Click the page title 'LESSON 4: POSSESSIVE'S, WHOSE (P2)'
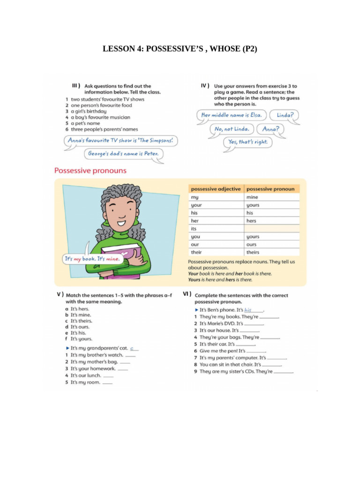pyautogui.click(x=180, y=49)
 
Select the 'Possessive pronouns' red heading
pyautogui.click(x=90, y=171)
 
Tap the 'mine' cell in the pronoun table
pyautogui.click(x=252, y=197)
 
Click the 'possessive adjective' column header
pyautogui.click(x=216, y=189)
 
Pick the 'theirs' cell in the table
pyautogui.click(x=253, y=252)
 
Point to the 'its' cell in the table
pyautogui.click(x=194, y=229)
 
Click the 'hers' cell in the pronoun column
pyautogui.click(x=252, y=221)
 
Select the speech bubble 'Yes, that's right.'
pyautogui.click(x=247, y=142)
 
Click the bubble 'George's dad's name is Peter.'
pyautogui.click(x=124, y=153)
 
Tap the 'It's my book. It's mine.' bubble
pyautogui.click(x=92, y=259)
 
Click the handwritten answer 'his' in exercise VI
pyautogui.click(x=248, y=310)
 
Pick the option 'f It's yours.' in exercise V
pyautogui.click(x=81, y=338)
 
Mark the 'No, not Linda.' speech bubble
pyautogui.click(x=232, y=129)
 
